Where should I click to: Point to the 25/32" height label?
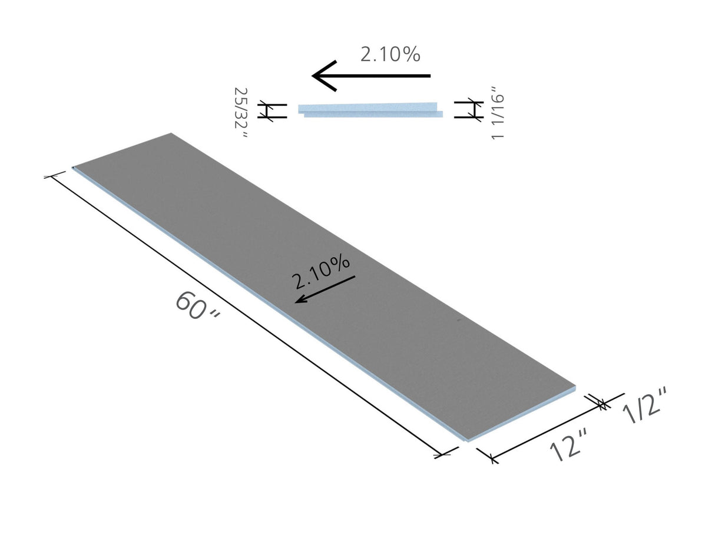241,113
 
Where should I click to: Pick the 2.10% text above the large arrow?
390,55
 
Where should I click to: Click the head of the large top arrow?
324,76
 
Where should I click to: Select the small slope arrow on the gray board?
325,289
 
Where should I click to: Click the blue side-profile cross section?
370,110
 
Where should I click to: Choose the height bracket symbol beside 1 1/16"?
469,109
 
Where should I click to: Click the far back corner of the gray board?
171,134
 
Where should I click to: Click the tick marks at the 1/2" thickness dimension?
601,404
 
